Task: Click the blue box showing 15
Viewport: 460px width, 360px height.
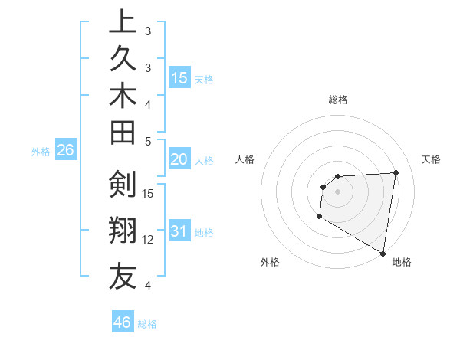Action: pyautogui.click(x=180, y=78)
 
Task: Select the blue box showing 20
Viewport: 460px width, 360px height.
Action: pyautogui.click(x=179, y=160)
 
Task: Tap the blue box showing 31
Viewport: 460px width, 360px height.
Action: pyautogui.click(x=179, y=232)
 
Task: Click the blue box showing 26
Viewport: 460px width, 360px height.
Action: pyautogui.click(x=66, y=151)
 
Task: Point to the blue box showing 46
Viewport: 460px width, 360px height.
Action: pyautogui.click(x=123, y=322)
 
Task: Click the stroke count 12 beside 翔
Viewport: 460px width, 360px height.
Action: pyautogui.click(x=149, y=240)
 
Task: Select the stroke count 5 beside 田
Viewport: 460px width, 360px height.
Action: pyautogui.click(x=148, y=141)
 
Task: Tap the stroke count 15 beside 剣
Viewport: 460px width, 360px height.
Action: pyautogui.click(x=149, y=193)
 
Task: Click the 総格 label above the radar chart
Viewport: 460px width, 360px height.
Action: pyautogui.click(x=338, y=100)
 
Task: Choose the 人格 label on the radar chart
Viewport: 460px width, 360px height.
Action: pyautogui.click(x=245, y=159)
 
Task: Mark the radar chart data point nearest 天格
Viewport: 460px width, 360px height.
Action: pyautogui.click(x=396, y=172)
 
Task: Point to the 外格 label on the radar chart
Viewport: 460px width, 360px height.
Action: pyautogui.click(x=270, y=263)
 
